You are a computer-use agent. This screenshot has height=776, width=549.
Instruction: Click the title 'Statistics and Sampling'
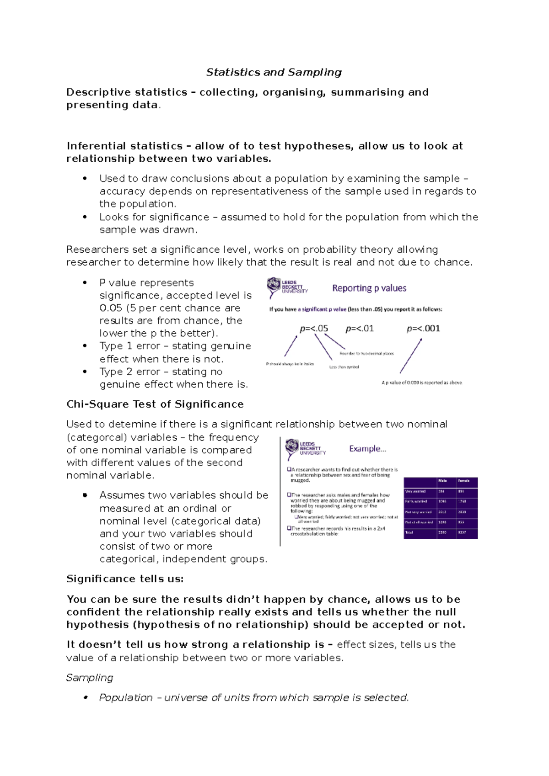tap(274, 72)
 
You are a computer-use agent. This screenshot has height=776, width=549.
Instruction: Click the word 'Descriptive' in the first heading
tap(95, 92)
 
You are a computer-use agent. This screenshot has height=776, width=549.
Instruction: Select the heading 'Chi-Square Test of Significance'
tap(155, 404)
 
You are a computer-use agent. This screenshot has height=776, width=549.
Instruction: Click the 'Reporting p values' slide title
tap(369, 288)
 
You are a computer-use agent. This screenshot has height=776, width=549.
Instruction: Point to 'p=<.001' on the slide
tap(423, 329)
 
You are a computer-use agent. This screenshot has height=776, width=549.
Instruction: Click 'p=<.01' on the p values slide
tap(360, 329)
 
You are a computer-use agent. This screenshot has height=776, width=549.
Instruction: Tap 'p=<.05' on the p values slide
tap(314, 329)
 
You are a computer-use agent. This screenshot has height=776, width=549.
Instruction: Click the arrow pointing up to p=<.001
tap(410, 356)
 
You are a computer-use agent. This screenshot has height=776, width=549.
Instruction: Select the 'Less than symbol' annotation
tap(344, 367)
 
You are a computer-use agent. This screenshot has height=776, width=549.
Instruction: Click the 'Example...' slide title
tap(367, 449)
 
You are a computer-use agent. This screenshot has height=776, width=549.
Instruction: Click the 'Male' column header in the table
tap(442, 481)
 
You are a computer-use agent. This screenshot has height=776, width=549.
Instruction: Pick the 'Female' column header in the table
tap(464, 481)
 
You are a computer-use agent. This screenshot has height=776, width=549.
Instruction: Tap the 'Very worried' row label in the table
tap(415, 492)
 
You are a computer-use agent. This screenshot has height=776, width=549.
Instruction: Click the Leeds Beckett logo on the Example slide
tap(306, 449)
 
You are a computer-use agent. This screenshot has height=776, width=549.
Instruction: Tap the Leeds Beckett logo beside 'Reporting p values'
tap(287, 287)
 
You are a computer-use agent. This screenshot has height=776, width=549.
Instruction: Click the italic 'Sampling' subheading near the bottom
tap(90, 678)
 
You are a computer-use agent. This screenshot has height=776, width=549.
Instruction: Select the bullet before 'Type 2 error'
tap(85, 372)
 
